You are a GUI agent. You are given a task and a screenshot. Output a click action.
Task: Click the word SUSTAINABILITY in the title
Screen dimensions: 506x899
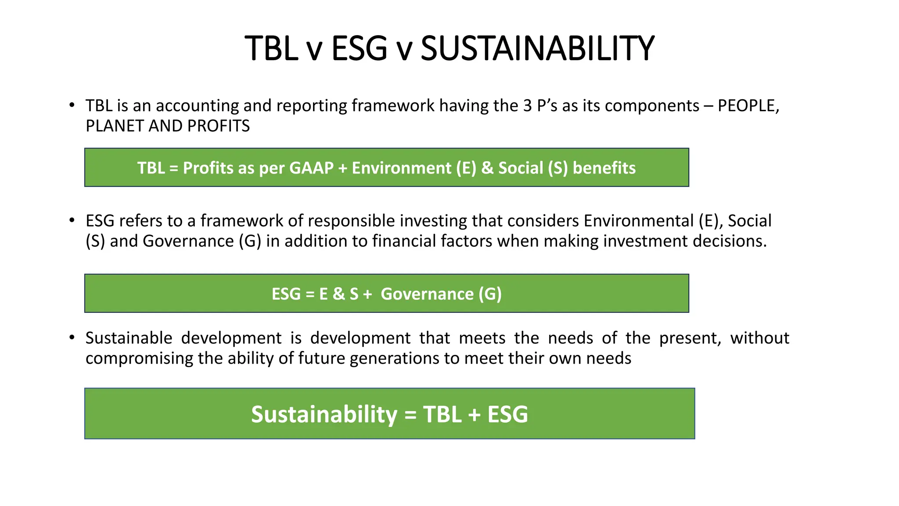coord(537,48)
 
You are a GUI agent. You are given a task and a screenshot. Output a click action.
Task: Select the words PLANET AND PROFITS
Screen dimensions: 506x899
coord(168,126)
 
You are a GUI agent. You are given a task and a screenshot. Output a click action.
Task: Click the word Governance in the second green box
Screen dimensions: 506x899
coord(427,294)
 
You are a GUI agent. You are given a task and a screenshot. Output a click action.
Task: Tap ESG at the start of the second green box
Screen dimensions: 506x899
coord(286,294)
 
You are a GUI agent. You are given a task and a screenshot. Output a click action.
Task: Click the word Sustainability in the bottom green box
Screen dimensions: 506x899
coord(324,414)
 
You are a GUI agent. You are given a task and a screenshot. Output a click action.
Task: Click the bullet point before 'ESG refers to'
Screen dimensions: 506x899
coord(72,220)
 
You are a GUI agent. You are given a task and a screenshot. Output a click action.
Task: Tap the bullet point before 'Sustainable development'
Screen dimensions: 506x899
coord(72,338)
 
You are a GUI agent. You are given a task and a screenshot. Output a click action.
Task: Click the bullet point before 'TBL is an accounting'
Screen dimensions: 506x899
coord(72,105)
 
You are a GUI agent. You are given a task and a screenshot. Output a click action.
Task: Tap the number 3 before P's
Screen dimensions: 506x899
coord(527,106)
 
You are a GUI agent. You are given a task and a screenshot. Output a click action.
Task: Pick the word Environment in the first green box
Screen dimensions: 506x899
coord(402,168)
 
